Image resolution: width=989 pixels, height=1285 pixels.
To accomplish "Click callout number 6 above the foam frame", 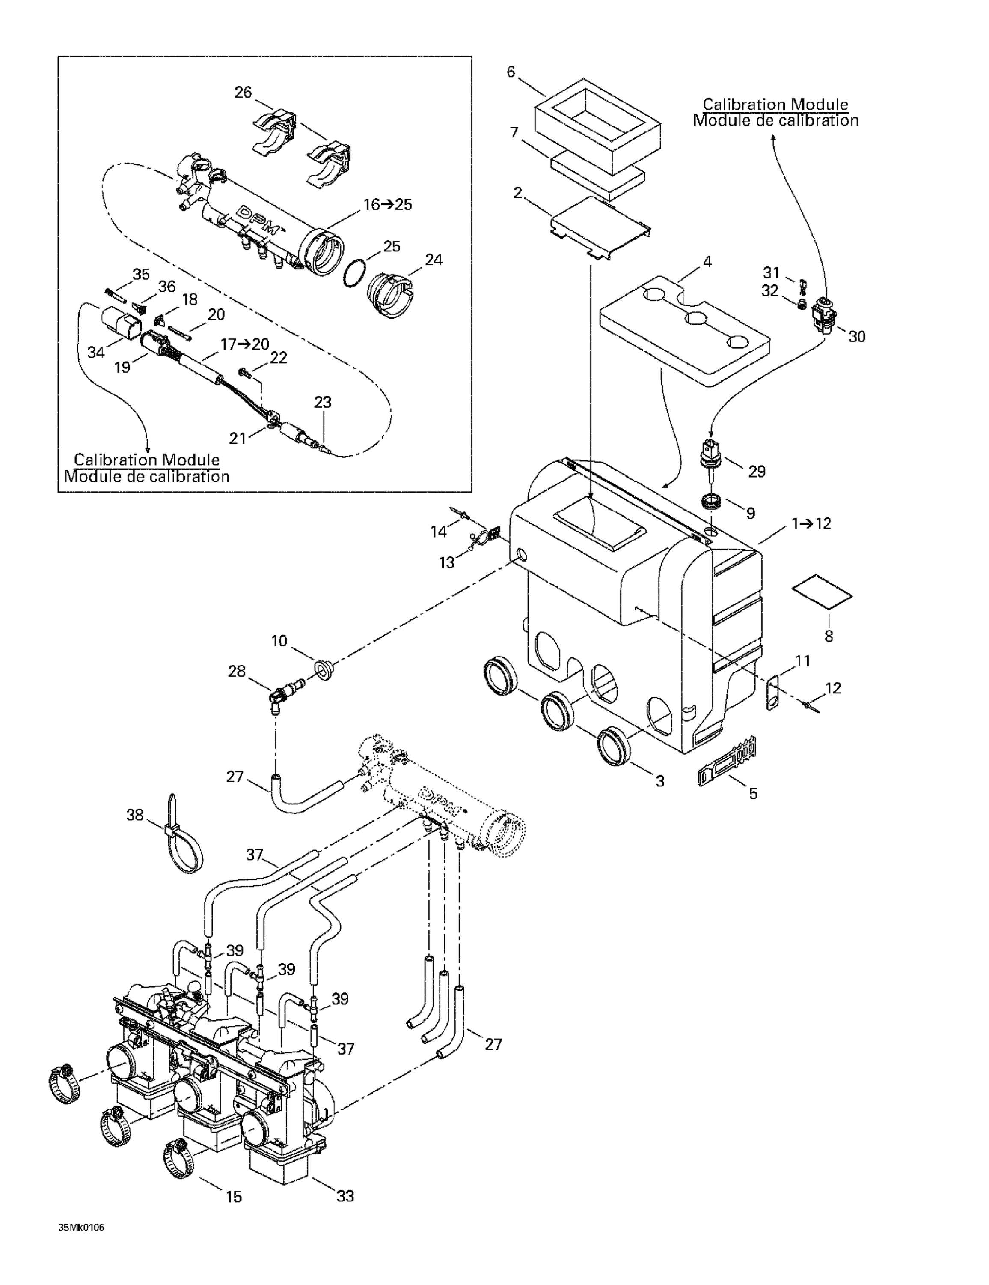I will click(x=511, y=72).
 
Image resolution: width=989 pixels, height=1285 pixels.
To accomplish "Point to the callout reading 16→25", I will click(x=387, y=205).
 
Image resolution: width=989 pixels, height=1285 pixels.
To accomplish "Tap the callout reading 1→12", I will click(x=811, y=523).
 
